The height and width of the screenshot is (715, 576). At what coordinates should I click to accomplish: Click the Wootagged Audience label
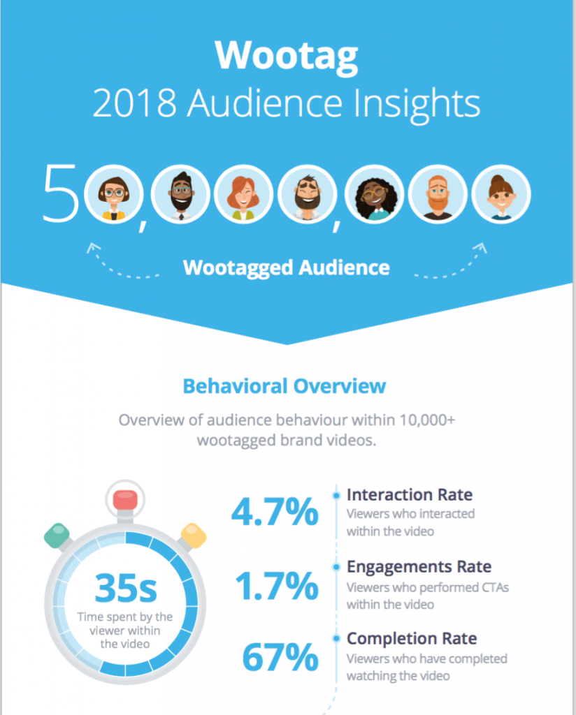coord(286,267)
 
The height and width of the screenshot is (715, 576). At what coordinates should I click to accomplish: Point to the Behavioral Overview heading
coord(284,385)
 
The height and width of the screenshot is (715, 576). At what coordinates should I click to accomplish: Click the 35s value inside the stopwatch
coord(126,589)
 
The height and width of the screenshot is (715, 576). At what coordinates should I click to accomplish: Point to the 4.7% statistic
coord(275,513)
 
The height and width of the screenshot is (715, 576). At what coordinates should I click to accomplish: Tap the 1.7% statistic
coord(275,587)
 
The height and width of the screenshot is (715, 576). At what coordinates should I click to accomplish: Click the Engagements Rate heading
coord(419,566)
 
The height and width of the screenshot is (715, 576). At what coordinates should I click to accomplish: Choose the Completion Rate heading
coord(412,638)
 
